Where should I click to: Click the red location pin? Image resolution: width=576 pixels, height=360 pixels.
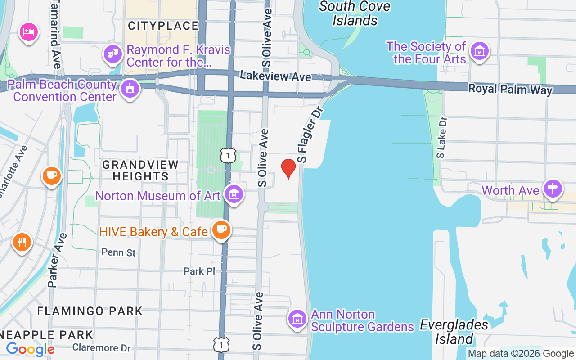(x=288, y=168)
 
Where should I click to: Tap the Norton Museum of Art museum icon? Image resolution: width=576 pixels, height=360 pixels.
(x=234, y=194)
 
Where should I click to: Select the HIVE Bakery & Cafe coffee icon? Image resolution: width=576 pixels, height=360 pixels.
(x=220, y=229)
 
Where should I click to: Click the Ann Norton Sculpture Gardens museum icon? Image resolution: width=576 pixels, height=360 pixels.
(x=297, y=319)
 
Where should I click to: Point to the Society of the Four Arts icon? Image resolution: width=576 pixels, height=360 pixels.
(x=480, y=51)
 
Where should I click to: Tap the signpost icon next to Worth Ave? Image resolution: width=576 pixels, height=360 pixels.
(x=553, y=189)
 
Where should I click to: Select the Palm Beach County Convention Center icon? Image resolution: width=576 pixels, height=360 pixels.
(x=130, y=89)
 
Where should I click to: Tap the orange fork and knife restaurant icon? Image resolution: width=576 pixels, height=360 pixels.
(x=22, y=243)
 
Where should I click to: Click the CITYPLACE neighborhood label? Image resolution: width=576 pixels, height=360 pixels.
(x=163, y=26)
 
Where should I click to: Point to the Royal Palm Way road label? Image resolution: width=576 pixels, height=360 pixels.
(x=510, y=89)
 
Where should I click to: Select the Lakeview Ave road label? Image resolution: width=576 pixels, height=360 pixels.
(x=275, y=76)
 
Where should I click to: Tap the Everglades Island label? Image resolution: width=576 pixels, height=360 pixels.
(x=454, y=332)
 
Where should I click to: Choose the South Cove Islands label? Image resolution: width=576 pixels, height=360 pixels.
(x=355, y=13)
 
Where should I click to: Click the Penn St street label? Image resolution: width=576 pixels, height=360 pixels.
(x=119, y=252)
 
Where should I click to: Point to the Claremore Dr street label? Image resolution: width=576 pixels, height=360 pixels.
(x=101, y=348)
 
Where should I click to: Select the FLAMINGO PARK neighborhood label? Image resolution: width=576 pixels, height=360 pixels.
(x=90, y=311)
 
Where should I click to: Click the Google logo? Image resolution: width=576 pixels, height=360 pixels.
(x=30, y=349)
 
